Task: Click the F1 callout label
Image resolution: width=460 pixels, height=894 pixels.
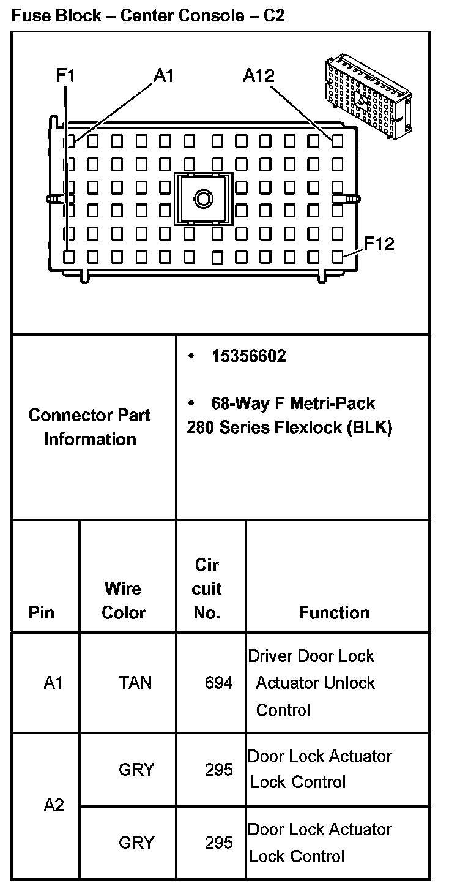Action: pos(65,75)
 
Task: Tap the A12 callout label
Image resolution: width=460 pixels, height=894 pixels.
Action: pos(259,75)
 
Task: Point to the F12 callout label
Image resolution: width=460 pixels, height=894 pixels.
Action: pos(379,244)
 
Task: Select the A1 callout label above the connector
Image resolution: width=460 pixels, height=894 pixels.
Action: pos(164,75)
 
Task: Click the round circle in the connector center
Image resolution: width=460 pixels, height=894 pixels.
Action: pos(203,198)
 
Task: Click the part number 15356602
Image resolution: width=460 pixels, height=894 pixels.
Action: pos(249,356)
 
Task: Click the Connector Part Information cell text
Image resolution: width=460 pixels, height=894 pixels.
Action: pos(90,427)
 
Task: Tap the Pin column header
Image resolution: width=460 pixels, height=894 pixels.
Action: pos(42,612)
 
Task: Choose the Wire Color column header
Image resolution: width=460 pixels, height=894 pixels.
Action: pos(124,601)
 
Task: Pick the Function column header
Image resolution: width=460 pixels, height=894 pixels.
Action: pos(334,612)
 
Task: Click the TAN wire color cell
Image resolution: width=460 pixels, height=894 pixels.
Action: pos(135,683)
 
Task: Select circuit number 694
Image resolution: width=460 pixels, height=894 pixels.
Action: pos(218,683)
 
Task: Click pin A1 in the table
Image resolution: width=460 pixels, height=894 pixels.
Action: pos(53,683)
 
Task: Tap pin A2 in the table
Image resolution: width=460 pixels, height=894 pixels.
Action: pos(54,805)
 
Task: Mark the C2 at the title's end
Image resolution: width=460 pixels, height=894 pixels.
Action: pos(274,15)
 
